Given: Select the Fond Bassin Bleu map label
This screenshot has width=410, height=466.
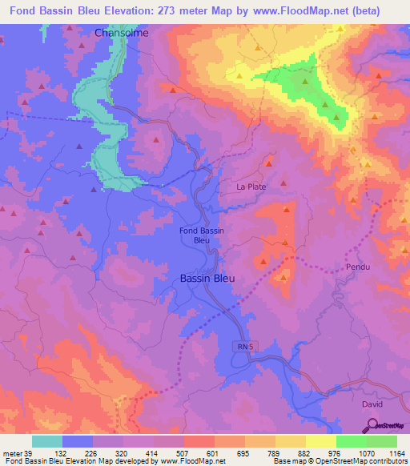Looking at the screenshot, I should click(x=202, y=235).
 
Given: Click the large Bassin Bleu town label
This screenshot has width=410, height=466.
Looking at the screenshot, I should click(x=204, y=278).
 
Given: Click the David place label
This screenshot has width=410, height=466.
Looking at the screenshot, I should click(x=372, y=404).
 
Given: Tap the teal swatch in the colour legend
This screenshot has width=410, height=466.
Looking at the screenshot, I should click(x=47, y=441).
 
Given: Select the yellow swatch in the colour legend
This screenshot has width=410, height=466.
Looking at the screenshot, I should click(x=320, y=441).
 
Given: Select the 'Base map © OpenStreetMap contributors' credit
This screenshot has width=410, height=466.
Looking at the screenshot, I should click(x=339, y=462).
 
